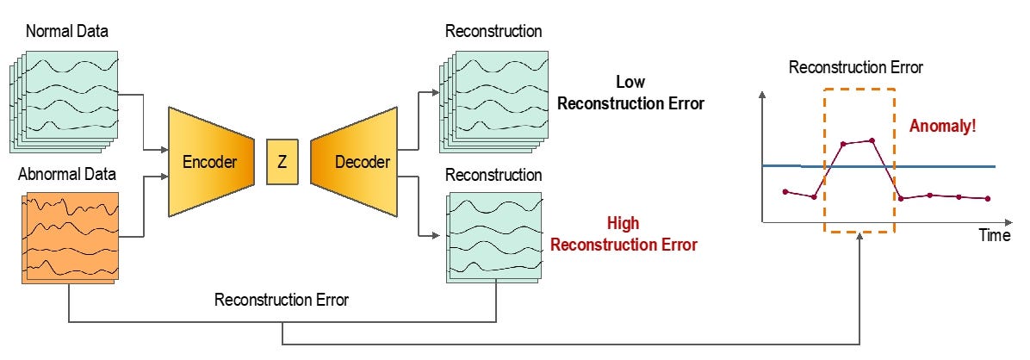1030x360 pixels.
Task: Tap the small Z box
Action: (x=282, y=161)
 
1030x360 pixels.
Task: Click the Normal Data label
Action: (x=66, y=32)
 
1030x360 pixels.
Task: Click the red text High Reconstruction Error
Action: (x=624, y=234)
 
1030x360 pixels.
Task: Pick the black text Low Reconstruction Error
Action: (x=630, y=94)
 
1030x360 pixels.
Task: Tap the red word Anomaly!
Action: (x=943, y=127)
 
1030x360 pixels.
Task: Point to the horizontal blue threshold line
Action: (x=947, y=166)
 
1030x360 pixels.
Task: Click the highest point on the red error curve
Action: (x=872, y=140)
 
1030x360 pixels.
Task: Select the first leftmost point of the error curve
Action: (x=785, y=191)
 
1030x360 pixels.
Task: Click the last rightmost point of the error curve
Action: (x=987, y=199)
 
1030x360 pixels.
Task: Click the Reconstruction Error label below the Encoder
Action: (x=282, y=301)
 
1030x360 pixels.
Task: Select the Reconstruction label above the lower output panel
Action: (x=493, y=175)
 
